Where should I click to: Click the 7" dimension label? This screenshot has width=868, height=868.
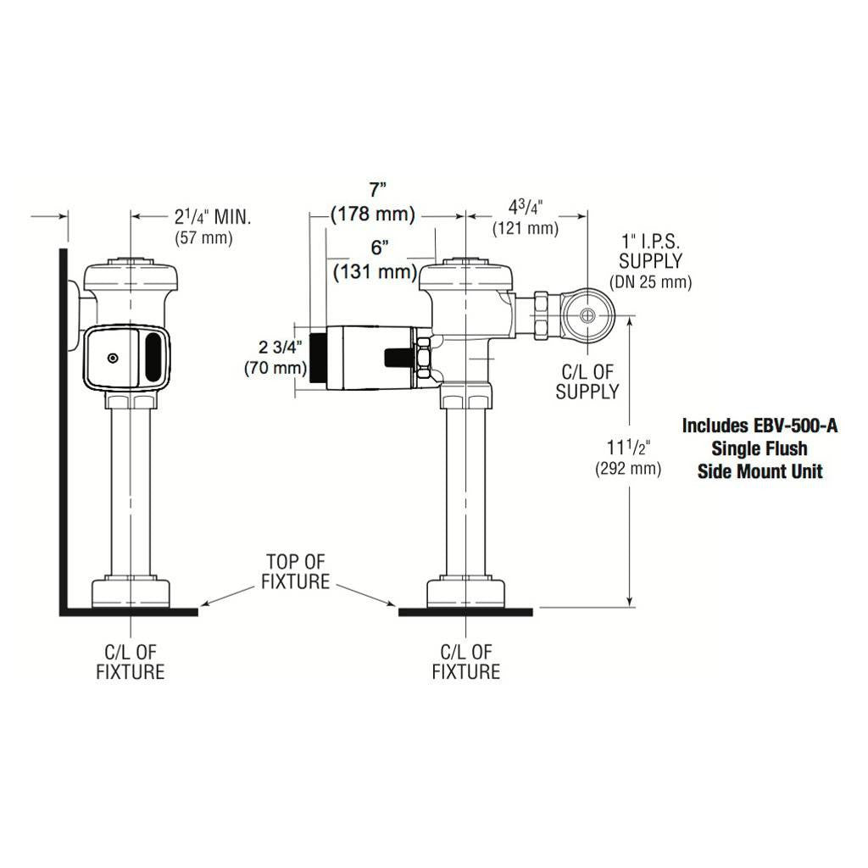(378, 190)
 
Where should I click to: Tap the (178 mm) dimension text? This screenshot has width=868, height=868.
(373, 214)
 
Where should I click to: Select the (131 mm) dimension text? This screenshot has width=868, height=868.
(376, 272)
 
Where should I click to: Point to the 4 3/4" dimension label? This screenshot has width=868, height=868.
(526, 208)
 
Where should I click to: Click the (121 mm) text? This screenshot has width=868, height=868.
(526, 228)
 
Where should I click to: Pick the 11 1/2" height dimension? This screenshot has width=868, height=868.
(628, 447)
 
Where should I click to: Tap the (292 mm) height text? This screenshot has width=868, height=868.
(628, 469)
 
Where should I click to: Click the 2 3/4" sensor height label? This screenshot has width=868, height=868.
(281, 347)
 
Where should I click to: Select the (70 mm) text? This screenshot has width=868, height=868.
(275, 368)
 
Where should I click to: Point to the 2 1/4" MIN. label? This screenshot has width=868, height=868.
(213, 216)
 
